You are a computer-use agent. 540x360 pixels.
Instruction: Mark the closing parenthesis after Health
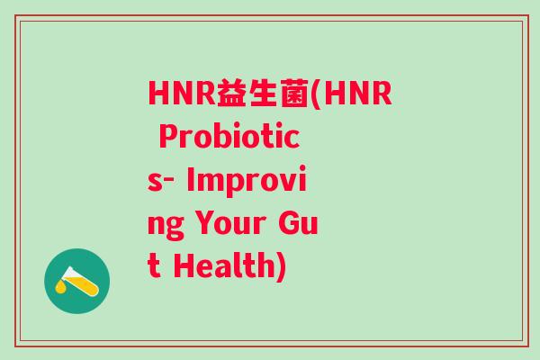coord(281,267)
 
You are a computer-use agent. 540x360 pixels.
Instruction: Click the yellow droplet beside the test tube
coord(60,287)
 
